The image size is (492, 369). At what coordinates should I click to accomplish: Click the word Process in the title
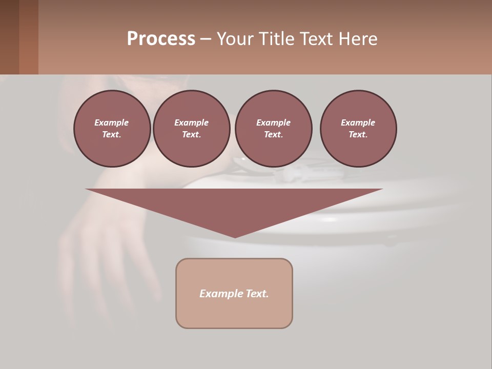coord(161,39)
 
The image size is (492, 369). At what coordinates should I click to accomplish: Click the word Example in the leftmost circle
coord(112,122)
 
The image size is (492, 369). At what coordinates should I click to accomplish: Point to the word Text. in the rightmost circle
coord(358,135)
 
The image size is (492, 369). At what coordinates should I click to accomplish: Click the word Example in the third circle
coord(273,122)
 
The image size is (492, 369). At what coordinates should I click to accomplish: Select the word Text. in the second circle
coord(191,135)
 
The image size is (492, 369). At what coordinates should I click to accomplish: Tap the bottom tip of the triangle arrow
coord(235,236)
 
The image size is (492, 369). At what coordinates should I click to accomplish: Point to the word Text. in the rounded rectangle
coord(258,294)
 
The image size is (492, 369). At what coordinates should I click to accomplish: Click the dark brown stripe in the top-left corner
coord(9,37)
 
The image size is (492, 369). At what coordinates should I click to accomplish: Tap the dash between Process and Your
coord(206,39)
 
